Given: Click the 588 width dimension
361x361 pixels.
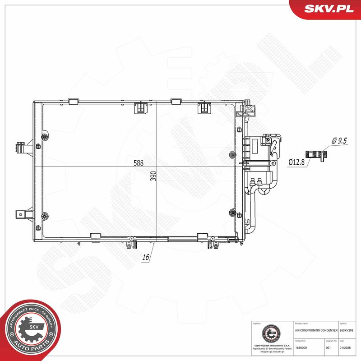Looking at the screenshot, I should click(x=139, y=163).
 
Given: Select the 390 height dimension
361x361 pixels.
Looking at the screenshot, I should click(x=153, y=176).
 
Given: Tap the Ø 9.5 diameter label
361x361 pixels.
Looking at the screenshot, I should click(x=339, y=141).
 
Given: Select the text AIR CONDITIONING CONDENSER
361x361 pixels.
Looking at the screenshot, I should click(x=313, y=331).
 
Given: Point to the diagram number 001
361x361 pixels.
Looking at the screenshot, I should click(x=328, y=348).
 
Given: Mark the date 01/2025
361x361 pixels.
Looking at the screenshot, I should click(x=344, y=348).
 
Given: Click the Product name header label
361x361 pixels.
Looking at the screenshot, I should click(x=301, y=324).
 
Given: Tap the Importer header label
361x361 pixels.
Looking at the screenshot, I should click(x=257, y=324).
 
